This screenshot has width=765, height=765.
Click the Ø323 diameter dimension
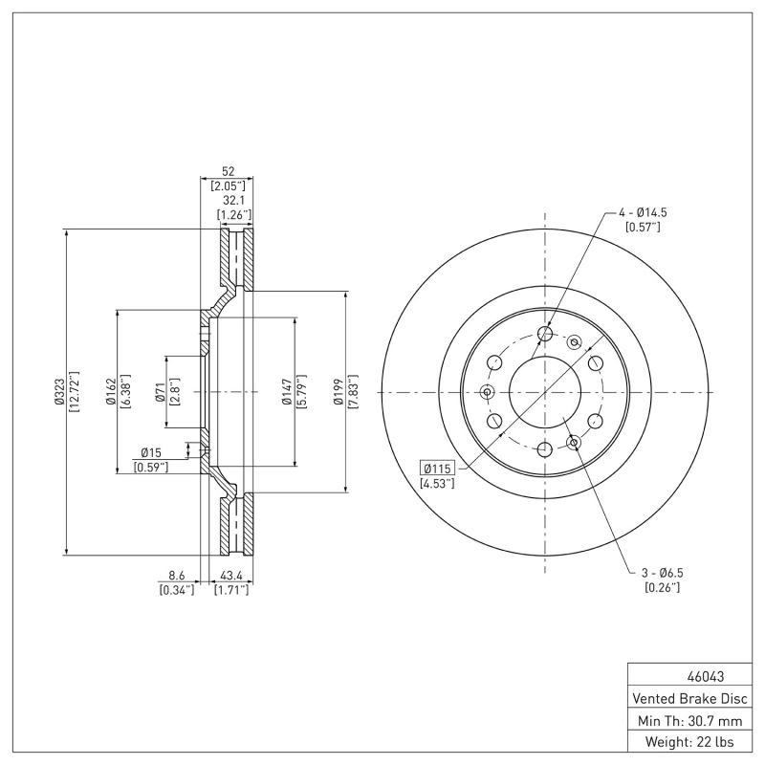click(x=59, y=392)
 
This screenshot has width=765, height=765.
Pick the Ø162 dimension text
click(x=111, y=392)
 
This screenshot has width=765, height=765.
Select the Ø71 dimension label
click(x=160, y=392)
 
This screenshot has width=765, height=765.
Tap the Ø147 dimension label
click(x=286, y=392)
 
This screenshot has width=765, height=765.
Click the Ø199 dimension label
click(x=338, y=392)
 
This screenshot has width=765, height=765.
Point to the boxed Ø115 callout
click(x=437, y=467)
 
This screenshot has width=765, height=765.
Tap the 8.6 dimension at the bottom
click(x=177, y=576)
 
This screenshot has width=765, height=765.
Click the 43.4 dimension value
click(x=231, y=576)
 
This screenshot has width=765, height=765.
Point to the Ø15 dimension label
click(x=151, y=451)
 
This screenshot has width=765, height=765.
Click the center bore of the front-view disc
click(x=544, y=392)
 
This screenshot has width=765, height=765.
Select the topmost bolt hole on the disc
click(x=544, y=333)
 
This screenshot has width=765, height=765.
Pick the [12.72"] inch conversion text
click(x=74, y=392)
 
